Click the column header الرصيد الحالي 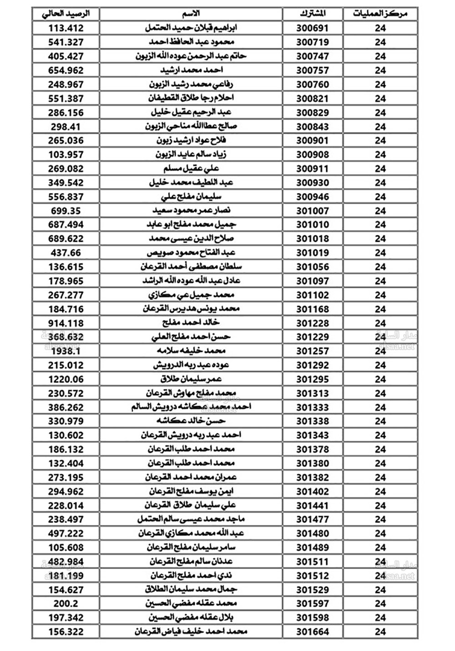pyautogui.click(x=66, y=14)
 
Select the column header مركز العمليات pyautogui.click(x=380, y=14)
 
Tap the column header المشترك pyautogui.click(x=313, y=14)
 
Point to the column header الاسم pyautogui.click(x=191, y=14)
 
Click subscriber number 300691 pyautogui.click(x=313, y=28)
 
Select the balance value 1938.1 pyautogui.click(x=66, y=351)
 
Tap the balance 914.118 pyautogui.click(x=66, y=323)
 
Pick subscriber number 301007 pyautogui.click(x=313, y=211)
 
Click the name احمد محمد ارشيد pyautogui.click(x=191, y=70)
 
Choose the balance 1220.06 pyautogui.click(x=66, y=379)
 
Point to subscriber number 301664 pyautogui.click(x=313, y=632)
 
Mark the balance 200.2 pyautogui.click(x=66, y=604)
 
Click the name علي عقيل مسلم pyautogui.click(x=191, y=168)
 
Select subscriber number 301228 pyautogui.click(x=313, y=323)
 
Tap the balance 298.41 pyautogui.click(x=66, y=127)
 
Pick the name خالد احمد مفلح pyautogui.click(x=191, y=323)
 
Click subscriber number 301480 pyautogui.click(x=313, y=534)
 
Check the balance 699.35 pyautogui.click(x=66, y=211)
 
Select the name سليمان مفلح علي pyautogui.click(x=191, y=197)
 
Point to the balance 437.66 pyautogui.click(x=66, y=253)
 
